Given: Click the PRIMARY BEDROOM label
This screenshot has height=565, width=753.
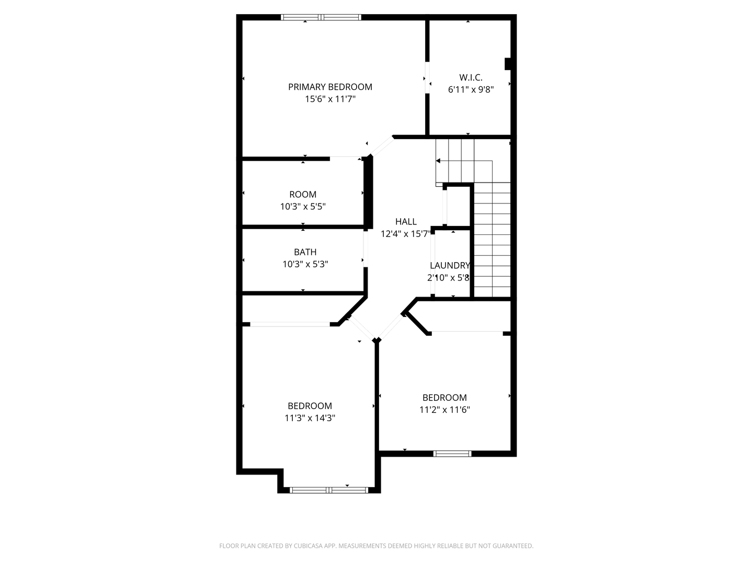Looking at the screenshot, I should click(x=330, y=87).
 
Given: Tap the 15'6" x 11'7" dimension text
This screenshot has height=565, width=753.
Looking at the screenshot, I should click(x=330, y=99).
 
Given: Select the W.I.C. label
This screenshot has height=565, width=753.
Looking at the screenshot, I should click(x=471, y=77).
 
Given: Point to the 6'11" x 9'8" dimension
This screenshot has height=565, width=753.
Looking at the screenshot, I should click(x=471, y=89).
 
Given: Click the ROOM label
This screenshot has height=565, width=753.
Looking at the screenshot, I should click(x=303, y=195).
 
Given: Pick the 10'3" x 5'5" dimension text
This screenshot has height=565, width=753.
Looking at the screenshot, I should click(x=303, y=207).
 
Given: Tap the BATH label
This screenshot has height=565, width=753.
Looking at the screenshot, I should click(x=305, y=252).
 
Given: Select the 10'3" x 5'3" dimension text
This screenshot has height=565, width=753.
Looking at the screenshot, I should click(x=305, y=264).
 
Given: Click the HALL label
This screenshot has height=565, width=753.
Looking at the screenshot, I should click(x=406, y=222).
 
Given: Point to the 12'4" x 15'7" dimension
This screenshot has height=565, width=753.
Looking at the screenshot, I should click(x=405, y=234).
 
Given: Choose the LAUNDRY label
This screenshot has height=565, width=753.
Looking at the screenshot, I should click(x=450, y=266).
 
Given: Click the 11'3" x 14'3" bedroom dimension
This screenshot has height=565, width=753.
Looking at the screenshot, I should click(x=310, y=418).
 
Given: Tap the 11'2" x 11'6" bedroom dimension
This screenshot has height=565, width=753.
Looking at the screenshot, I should click(x=444, y=410).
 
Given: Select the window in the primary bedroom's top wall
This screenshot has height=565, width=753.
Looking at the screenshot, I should click(x=321, y=17).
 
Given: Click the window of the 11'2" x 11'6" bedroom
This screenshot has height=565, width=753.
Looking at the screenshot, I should click(x=452, y=454).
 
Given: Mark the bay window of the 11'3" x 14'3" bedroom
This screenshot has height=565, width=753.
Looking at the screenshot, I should click(x=329, y=490).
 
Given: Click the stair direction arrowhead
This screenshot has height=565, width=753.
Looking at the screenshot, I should click(x=438, y=161).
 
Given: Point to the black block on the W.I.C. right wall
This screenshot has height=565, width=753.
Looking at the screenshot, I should click(x=507, y=63).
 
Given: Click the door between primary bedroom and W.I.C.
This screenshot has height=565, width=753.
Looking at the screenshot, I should click(x=427, y=78).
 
